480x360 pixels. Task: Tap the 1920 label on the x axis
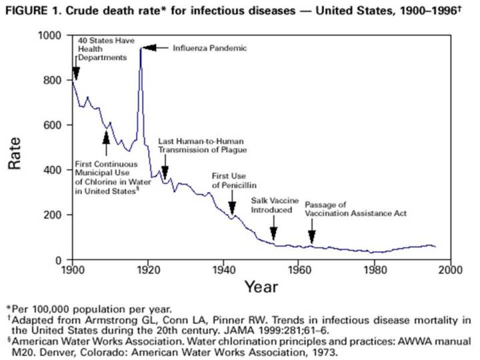[x=147, y=270]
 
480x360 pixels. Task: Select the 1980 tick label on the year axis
[x=375, y=270]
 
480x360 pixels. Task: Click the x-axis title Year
[x=261, y=287]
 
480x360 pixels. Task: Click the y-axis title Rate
[x=15, y=153]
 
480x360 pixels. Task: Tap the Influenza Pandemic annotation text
[x=210, y=48]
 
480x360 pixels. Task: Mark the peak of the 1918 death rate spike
[x=141, y=48]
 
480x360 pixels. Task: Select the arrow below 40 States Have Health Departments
[x=75, y=72]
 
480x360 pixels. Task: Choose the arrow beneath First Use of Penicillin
[x=233, y=206]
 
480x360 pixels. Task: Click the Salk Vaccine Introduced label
[x=271, y=205]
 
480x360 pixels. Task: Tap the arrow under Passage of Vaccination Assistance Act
[x=311, y=235]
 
